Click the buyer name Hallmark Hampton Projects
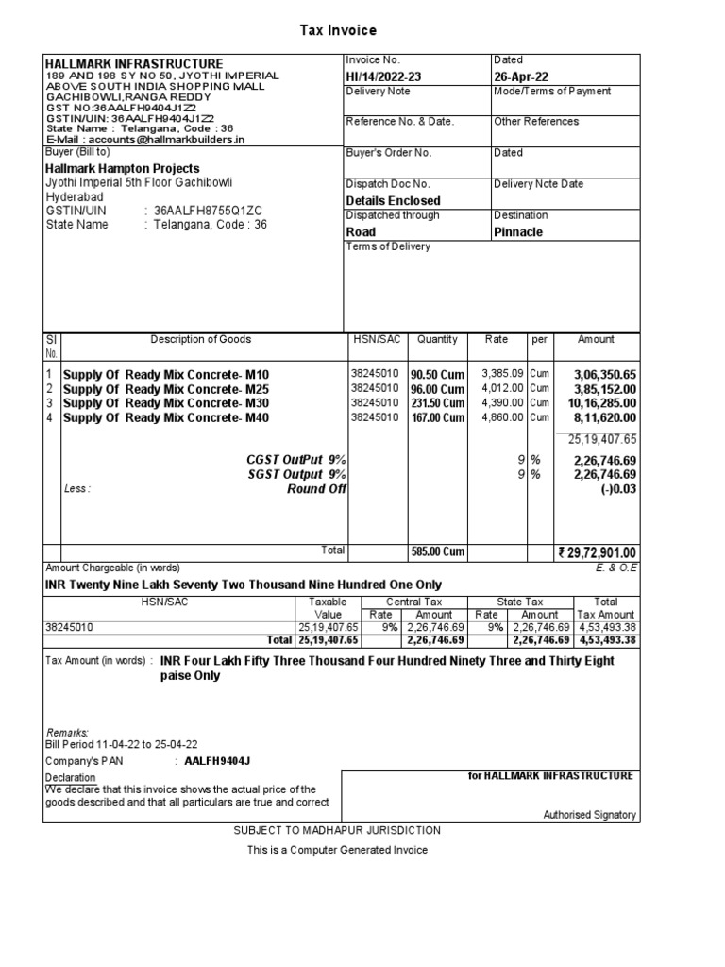pyautogui.click(x=123, y=168)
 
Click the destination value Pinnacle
pyautogui.click(x=518, y=231)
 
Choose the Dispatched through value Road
pyautogui.click(x=361, y=231)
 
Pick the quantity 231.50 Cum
pyautogui.click(x=437, y=403)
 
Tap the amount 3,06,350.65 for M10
pyautogui.click(x=605, y=375)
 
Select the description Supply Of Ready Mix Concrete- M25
pyautogui.click(x=166, y=389)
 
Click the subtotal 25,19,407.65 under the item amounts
pyautogui.click(x=602, y=439)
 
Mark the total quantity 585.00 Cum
pyautogui.click(x=437, y=552)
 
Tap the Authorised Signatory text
pyautogui.click(x=589, y=815)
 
